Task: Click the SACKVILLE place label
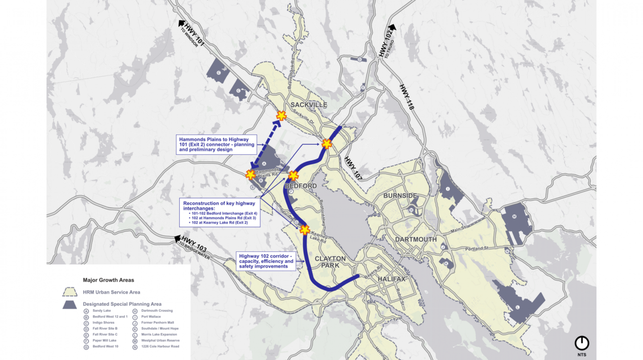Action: pos(308,105)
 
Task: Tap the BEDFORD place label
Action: pos(301,186)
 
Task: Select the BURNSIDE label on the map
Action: pos(400,195)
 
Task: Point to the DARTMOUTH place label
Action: pos(415,239)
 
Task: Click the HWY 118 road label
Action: pos(406,97)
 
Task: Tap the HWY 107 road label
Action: pos(353,168)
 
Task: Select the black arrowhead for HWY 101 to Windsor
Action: pos(181,23)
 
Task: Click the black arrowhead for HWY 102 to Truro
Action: pos(392,28)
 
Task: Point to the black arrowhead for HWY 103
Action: pos(177,239)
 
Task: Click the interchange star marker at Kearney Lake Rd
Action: pos(305,230)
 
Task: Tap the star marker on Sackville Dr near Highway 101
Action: pos(281,116)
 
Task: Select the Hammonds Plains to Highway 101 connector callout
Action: pos(216,144)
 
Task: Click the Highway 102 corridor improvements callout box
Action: pos(266,261)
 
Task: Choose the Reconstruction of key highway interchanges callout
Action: pos(220,212)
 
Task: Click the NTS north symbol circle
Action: pos(582,343)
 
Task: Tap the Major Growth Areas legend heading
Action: pos(109,280)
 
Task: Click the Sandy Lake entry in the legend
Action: pos(101,311)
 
